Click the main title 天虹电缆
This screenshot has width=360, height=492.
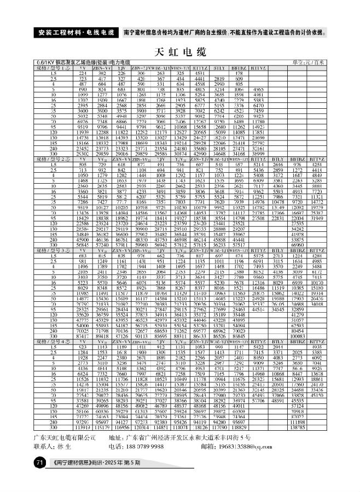180,52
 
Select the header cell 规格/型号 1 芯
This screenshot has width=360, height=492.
54,68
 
